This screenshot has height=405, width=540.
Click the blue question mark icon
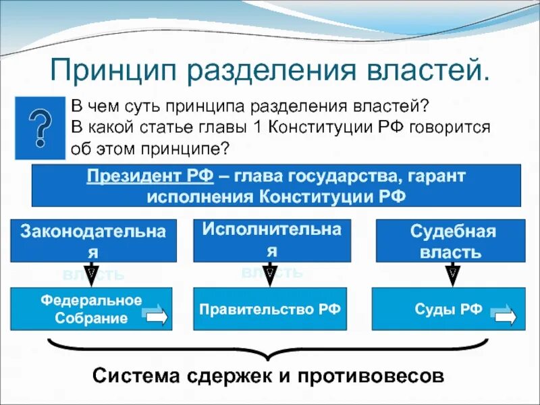[x=40, y=126]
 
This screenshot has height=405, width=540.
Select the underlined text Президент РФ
[x=150, y=177]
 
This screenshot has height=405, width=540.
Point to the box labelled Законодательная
[x=93, y=240]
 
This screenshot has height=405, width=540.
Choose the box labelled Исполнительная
[x=272, y=240]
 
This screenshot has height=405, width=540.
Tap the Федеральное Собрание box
[x=91, y=309]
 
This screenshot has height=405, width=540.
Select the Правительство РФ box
[x=270, y=309]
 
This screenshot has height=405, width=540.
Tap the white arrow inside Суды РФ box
[x=504, y=315]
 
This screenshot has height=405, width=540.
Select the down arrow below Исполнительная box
[x=272, y=273]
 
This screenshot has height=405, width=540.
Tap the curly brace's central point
[x=269, y=356]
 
